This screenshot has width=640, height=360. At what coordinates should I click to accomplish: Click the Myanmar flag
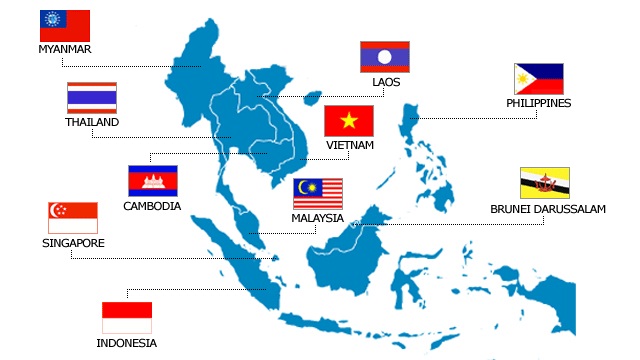coord(65,25)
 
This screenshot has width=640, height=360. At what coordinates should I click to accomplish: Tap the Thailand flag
coord(92,97)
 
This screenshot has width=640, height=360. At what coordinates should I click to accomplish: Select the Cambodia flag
coord(152,180)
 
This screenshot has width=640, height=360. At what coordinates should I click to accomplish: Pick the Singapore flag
coord(73,217)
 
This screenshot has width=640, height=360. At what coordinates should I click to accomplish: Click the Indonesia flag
coord(127,317)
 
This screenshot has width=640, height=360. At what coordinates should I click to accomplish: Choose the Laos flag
coord(385,57)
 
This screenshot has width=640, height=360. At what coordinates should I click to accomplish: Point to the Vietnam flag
coord(349,121)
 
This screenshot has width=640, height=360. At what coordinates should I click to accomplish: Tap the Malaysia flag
coord(318,194)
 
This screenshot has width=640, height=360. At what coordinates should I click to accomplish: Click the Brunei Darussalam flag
coord(545,183)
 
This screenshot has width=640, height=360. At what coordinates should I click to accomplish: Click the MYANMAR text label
coord(65,49)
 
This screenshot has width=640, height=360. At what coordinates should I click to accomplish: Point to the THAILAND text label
coord(92,122)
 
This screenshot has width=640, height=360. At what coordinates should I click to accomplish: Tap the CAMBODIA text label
coord(152,206)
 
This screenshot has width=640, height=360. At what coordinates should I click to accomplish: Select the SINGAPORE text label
coord(73,243)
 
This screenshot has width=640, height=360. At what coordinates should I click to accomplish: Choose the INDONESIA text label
coord(127,343)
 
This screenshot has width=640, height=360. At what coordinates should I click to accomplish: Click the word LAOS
coord(385,82)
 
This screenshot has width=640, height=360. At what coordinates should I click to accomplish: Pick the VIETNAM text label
coord(349,145)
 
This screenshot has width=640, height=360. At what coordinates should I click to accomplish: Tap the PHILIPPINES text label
coord(539,103)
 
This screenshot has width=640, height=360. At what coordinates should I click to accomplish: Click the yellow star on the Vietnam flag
coord(349,121)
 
